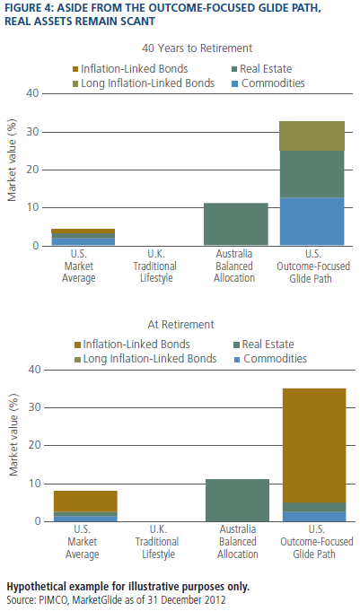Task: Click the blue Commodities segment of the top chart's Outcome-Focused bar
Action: point(312,222)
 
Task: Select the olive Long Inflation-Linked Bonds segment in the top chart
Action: point(312,136)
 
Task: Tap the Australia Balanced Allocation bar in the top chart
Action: point(236,224)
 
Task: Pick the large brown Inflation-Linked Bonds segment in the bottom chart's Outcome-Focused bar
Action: point(314,445)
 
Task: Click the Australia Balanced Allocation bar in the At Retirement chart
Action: point(237,500)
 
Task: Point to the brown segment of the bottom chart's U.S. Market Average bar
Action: point(85,502)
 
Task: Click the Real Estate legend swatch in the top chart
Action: point(234,69)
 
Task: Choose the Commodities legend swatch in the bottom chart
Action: point(236,359)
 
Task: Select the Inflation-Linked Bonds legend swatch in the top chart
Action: point(75,69)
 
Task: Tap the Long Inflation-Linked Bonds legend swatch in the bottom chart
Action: point(77,359)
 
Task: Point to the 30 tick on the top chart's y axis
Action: point(32,132)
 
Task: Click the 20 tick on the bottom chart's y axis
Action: point(35,445)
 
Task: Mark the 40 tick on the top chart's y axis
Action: point(32,94)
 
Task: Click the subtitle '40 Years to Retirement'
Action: point(197,48)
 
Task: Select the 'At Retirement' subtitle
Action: point(180,325)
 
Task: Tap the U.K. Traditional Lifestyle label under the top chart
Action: point(155,266)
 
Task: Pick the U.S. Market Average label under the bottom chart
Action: point(82,542)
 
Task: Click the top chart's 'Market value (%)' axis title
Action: point(12,161)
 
